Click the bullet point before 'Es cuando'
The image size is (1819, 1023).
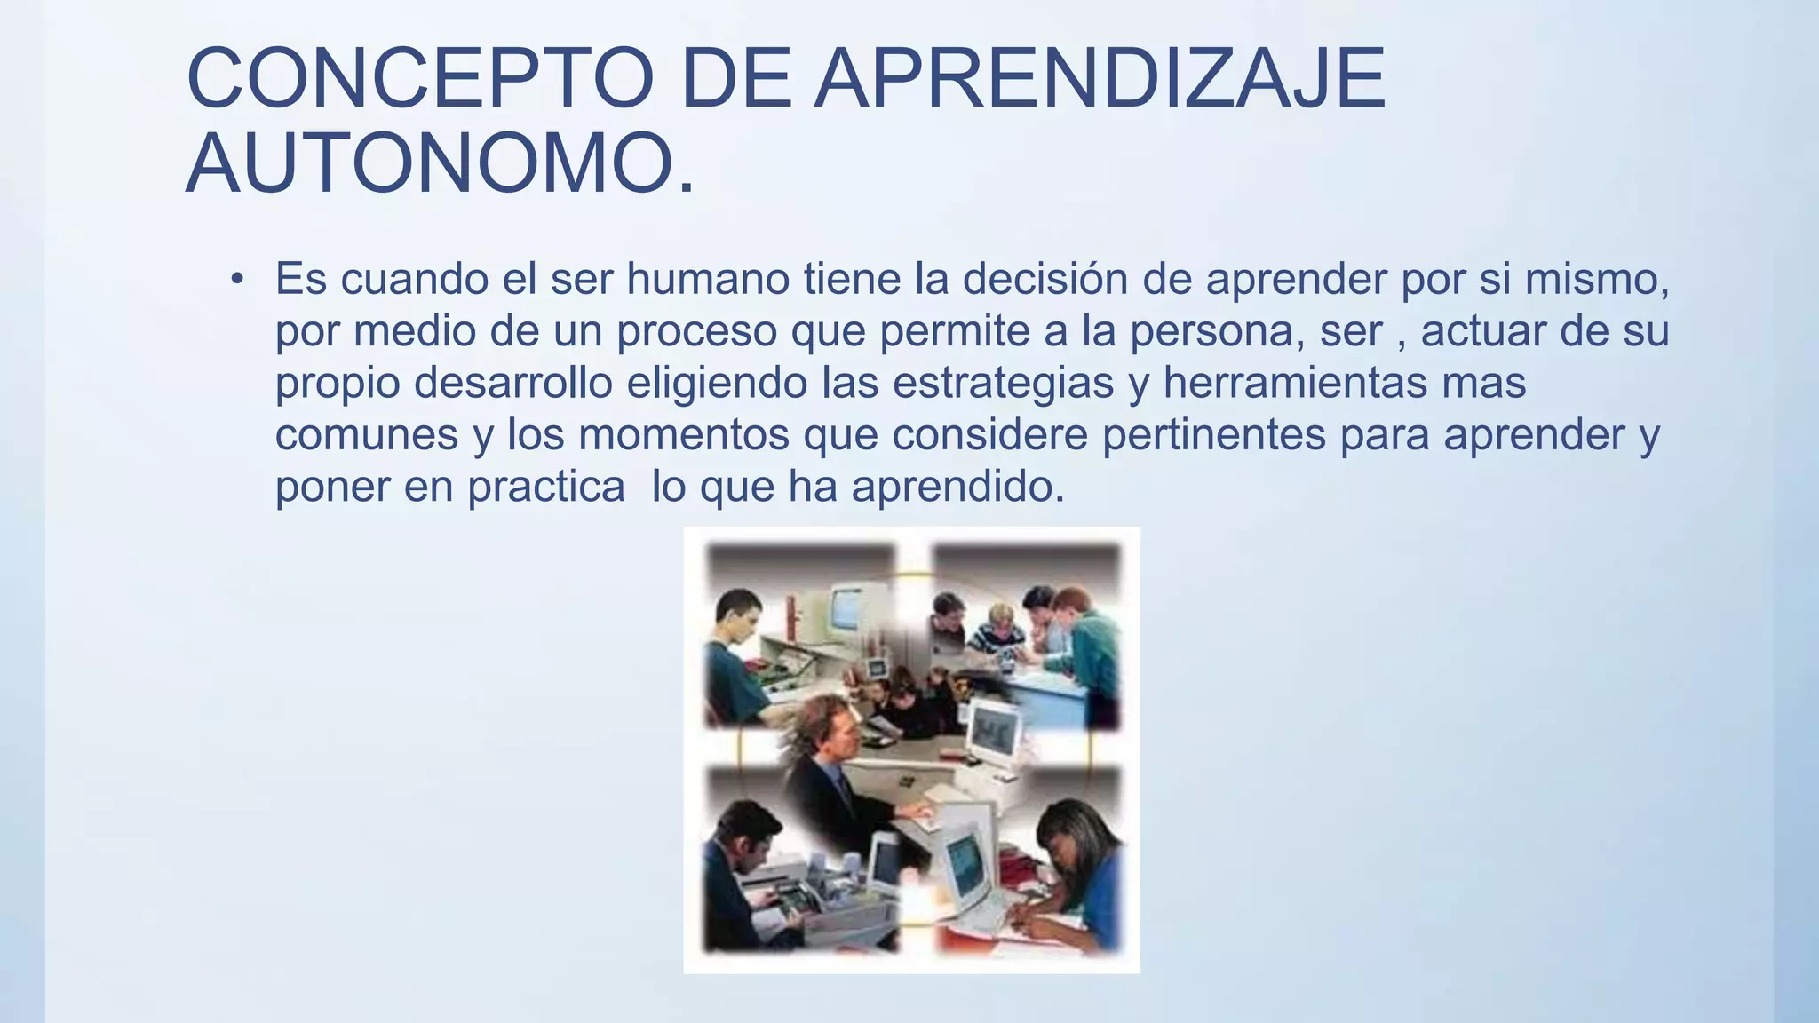pos(236,281)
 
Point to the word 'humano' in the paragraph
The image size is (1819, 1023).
pos(708,279)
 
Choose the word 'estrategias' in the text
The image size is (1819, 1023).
pos(1003,383)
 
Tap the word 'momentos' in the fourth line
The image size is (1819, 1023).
pos(683,435)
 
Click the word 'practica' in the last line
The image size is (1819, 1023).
pos(546,487)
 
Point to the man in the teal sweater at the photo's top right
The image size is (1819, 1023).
pos(1087,639)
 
